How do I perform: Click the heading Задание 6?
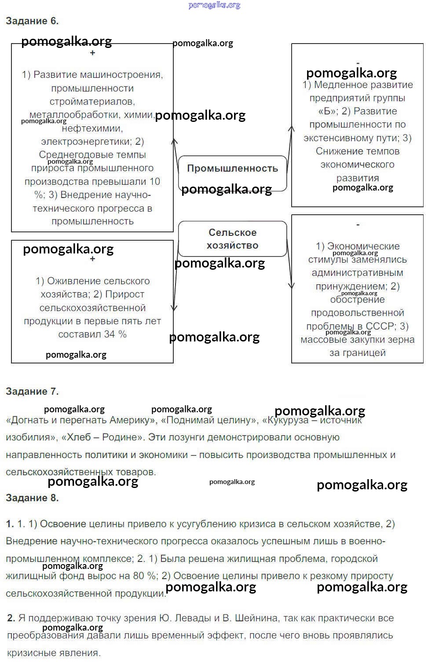(32, 21)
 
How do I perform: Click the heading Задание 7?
(32, 391)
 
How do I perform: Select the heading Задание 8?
(32, 498)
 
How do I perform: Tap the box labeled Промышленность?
(232, 169)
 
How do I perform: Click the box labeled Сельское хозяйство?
(232, 239)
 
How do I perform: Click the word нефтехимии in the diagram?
(92, 128)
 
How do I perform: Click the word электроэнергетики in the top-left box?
(86, 142)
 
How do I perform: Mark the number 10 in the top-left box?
(154, 182)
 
